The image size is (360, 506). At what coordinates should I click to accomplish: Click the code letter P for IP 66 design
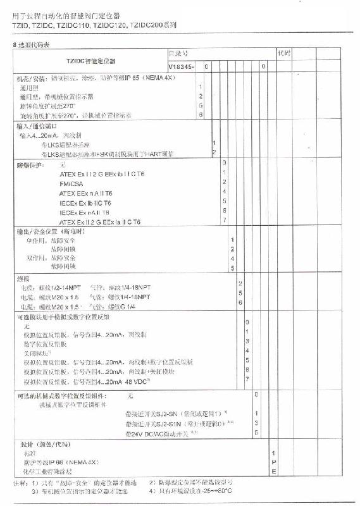pyautogui.click(x=273, y=462)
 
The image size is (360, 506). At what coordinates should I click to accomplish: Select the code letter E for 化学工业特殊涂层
pyautogui.click(x=273, y=471)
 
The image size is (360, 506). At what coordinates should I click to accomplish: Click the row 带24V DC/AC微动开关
pyautogui.click(x=162, y=433)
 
